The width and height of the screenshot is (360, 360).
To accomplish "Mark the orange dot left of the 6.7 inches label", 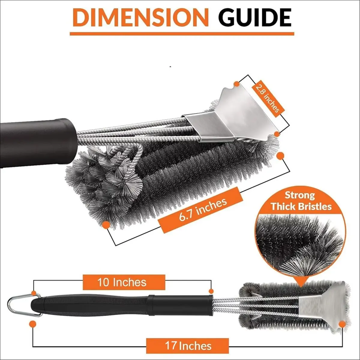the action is pyautogui.click(x=106, y=225).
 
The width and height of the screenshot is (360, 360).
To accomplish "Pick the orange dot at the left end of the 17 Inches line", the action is pyautogui.click(x=33, y=324).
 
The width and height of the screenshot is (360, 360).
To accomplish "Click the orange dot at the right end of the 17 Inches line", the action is pyautogui.click(x=342, y=324).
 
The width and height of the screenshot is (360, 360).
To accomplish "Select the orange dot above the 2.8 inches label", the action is pyautogui.click(x=237, y=84).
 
